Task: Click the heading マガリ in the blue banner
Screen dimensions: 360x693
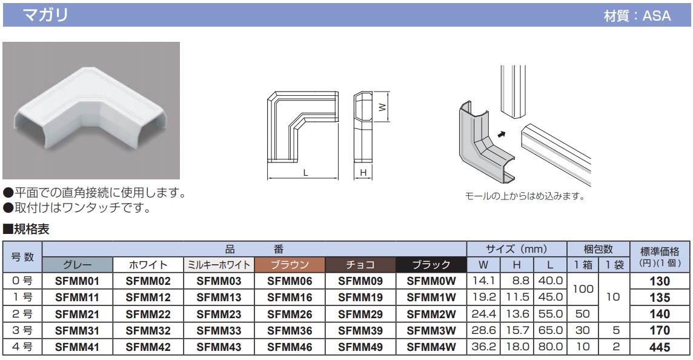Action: tap(45, 15)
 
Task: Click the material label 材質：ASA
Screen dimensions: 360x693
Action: tap(637, 16)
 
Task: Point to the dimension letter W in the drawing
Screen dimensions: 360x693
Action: tap(382, 107)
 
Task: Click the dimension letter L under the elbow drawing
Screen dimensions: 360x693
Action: tap(306, 173)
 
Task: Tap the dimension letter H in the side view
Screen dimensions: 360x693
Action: tap(363, 173)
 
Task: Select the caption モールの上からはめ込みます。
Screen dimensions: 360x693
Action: tap(525, 196)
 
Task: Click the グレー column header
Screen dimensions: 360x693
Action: tap(77, 265)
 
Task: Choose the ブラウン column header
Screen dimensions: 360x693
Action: tap(290, 265)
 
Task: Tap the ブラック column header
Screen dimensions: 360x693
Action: tap(431, 265)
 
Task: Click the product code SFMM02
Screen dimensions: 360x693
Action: tap(148, 281)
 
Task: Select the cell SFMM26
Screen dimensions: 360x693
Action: tap(290, 314)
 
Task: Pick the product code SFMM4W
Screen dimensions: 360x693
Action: tap(431, 347)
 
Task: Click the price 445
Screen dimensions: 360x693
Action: tap(659, 347)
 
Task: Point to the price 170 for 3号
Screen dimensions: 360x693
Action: tap(659, 331)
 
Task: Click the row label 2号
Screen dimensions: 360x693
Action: tap(22, 314)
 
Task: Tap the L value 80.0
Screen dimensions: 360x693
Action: tap(550, 347)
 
